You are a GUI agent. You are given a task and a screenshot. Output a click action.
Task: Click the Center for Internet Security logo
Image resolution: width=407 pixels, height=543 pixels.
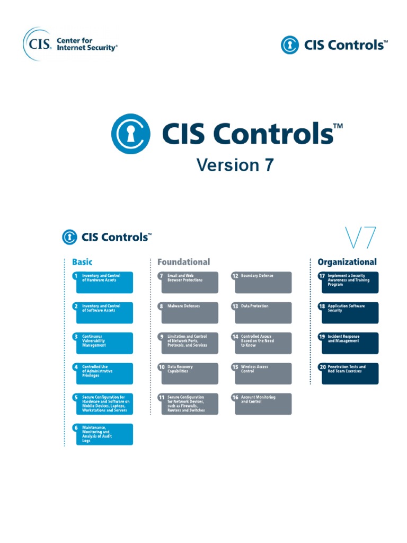pos(70,45)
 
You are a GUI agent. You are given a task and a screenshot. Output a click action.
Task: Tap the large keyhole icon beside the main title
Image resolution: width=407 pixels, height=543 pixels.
pos(131,134)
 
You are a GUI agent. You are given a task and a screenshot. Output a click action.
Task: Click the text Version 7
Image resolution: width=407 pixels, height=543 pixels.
pos(235,165)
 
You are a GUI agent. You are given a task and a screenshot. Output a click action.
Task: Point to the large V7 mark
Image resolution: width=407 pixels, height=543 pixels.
pos(360,238)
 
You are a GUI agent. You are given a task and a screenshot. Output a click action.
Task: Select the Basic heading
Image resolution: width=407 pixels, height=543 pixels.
pos(82,262)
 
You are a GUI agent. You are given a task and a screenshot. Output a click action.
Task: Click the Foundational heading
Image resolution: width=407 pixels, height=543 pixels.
pos(184,262)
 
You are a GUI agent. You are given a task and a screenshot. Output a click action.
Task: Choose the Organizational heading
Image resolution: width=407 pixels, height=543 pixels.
pos(347,262)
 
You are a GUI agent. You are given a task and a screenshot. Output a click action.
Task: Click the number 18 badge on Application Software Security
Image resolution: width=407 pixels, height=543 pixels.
pos(322,306)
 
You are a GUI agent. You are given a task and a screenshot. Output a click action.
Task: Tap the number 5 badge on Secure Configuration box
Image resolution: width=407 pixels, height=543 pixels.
pos(76,397)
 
